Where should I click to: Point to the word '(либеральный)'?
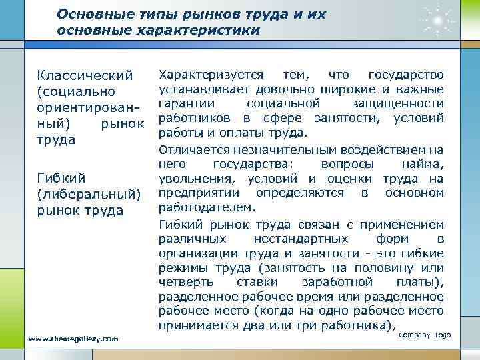tap(89, 195)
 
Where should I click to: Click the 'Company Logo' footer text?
tap(425, 334)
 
